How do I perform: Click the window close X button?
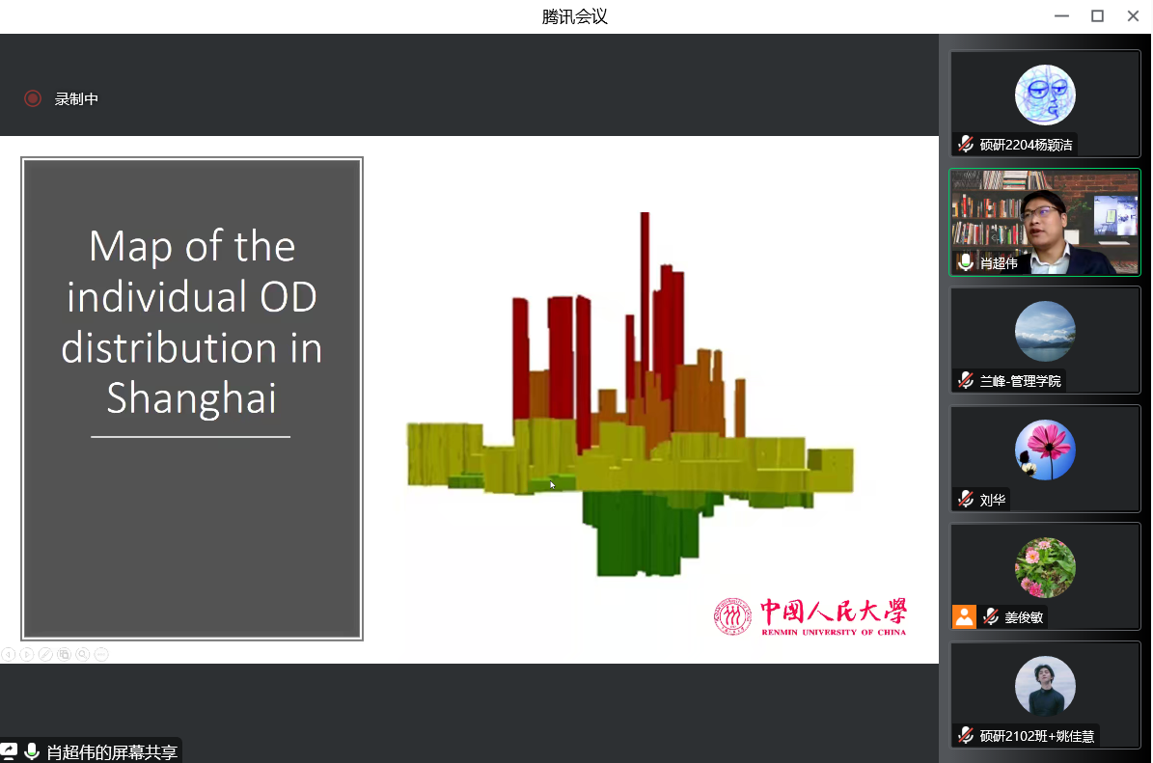coord(1133,16)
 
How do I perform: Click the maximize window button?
coord(1097,16)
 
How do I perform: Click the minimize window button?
coord(1061,16)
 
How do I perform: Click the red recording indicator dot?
coord(33,98)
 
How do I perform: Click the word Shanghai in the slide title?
coord(192,398)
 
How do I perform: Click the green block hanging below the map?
coord(640,532)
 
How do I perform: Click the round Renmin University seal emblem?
coord(732,616)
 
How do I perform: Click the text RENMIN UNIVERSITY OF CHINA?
coord(834,632)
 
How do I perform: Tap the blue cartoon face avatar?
coord(1045,95)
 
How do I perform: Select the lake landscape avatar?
coord(1045,332)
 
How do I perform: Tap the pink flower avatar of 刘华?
coord(1045,450)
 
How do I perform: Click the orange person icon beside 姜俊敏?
coord(964,616)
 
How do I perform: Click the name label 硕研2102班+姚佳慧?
coord(1037,736)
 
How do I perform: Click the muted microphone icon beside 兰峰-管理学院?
coord(966,380)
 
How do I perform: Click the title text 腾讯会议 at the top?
coord(575,17)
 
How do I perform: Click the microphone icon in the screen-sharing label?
coord(31,751)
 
